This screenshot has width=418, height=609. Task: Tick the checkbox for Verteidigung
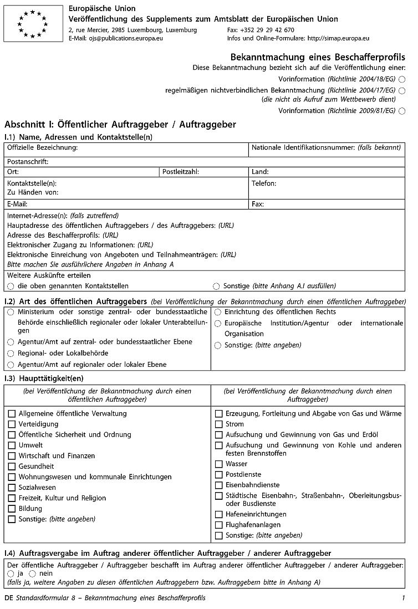point(12,424)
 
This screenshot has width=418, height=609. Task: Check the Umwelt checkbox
point(12,445)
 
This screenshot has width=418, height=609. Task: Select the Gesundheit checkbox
point(12,467)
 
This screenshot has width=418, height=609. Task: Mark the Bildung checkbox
point(12,509)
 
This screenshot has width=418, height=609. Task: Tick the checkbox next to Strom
point(219,424)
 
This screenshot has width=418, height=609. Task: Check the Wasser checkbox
point(219,464)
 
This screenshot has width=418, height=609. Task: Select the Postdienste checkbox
point(219,474)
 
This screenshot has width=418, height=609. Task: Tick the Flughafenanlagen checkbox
point(219,525)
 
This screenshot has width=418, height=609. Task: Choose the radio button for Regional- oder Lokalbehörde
point(11,354)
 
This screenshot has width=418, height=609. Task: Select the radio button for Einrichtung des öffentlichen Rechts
point(218,313)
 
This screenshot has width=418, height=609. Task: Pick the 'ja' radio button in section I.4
point(11,574)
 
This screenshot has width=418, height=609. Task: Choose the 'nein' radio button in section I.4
point(32,574)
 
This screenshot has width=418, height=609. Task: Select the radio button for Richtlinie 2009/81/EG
point(402,111)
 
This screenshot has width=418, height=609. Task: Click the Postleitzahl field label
point(181,172)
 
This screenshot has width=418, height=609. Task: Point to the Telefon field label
point(264,183)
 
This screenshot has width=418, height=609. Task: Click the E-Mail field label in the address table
point(18,204)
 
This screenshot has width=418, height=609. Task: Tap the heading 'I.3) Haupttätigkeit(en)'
point(44,378)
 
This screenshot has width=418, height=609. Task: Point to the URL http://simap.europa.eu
point(338,38)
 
